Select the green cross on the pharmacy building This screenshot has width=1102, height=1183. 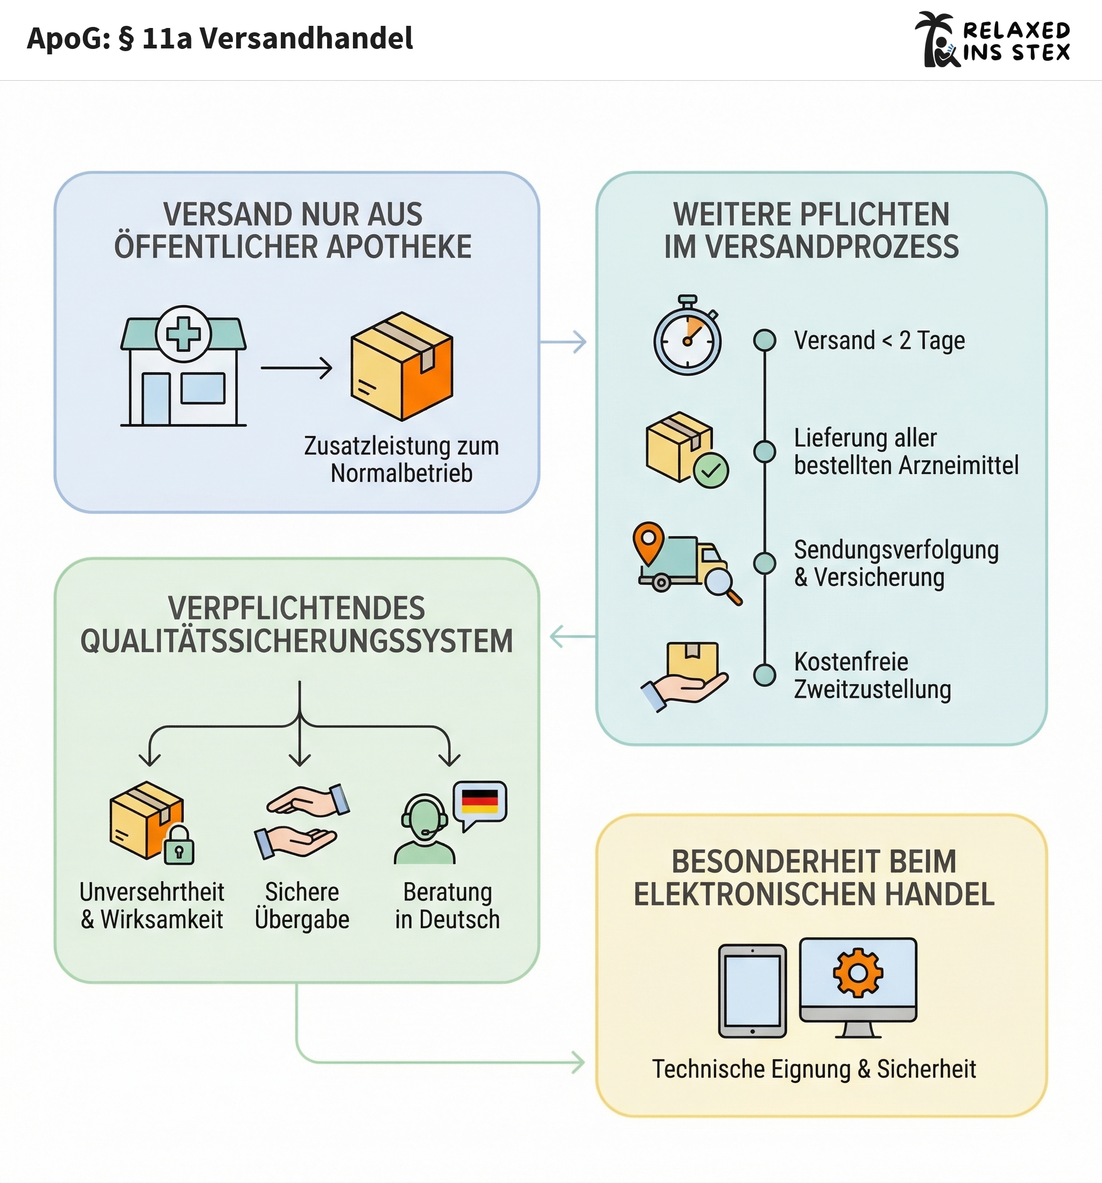(x=183, y=334)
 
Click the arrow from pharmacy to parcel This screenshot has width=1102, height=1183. (x=296, y=368)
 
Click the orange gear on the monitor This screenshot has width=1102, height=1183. (x=858, y=973)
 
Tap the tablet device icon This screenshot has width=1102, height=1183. (x=753, y=991)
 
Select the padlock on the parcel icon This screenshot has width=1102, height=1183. (x=179, y=847)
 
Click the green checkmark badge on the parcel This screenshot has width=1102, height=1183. (x=711, y=470)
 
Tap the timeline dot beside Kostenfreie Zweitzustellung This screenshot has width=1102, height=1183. (x=765, y=675)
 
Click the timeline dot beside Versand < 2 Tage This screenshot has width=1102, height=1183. (x=765, y=340)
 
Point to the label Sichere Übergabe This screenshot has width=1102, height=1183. (x=302, y=905)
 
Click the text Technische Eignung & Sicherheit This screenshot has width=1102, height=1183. (x=814, y=1069)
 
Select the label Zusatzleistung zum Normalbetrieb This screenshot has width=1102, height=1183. (x=401, y=460)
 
